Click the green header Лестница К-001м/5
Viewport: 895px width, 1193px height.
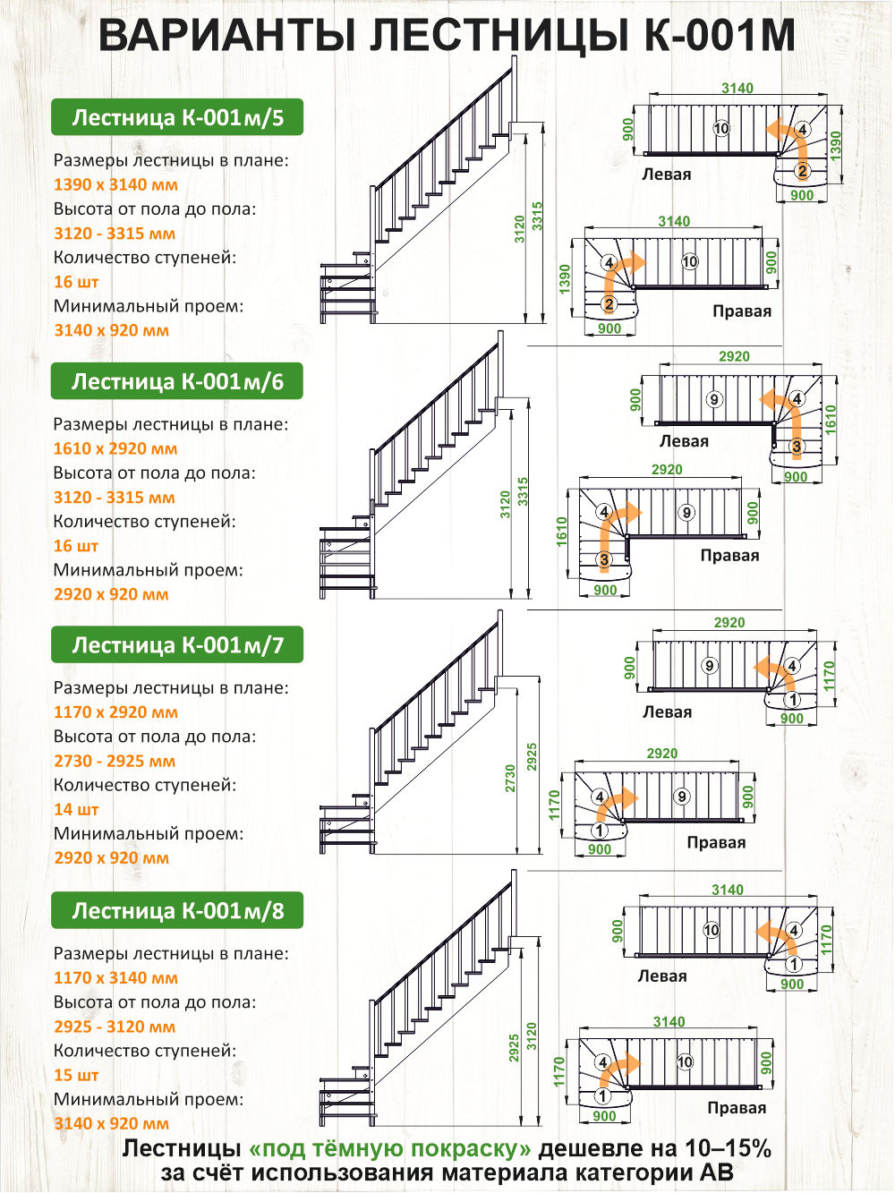click(177, 117)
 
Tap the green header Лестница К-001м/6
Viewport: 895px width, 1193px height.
click(177, 381)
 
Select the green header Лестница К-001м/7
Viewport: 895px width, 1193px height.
click(177, 644)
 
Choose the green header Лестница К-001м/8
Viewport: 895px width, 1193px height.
click(177, 910)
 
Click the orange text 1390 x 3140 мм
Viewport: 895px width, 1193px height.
click(115, 184)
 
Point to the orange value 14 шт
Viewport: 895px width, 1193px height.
click(76, 809)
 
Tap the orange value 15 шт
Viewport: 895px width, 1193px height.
click(76, 1075)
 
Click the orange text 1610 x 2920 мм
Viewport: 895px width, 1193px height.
click(115, 449)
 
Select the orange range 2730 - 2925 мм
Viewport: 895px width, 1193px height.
click(115, 761)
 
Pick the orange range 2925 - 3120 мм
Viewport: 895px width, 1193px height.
click(115, 1027)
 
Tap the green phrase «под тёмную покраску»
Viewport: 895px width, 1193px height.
click(389, 1148)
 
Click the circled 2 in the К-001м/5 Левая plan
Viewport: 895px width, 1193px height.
click(802, 171)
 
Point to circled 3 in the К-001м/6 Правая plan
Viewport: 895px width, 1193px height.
click(604, 558)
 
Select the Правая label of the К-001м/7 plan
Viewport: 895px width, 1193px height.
click(716, 842)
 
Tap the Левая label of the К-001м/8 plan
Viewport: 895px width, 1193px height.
click(662, 976)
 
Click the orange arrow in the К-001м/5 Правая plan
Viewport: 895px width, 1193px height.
click(620, 278)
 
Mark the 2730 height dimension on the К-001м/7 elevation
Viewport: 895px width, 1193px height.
click(510, 778)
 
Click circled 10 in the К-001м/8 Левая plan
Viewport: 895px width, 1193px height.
click(711, 930)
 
